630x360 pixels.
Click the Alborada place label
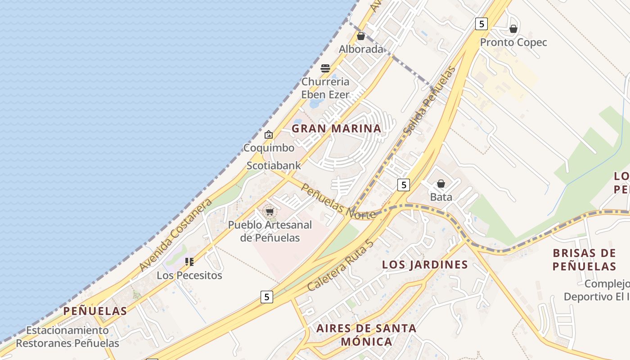pos(361,49)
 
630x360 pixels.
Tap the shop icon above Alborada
pos(361,36)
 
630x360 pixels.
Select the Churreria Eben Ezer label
pos(325,88)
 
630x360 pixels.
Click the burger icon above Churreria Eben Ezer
pos(325,68)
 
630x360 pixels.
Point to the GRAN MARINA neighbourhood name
pos(336,129)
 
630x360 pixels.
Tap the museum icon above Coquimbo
pos(269,134)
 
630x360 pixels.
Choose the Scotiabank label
pos(274,166)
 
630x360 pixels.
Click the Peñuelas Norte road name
pos(339,202)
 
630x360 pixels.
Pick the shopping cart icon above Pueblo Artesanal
pos(270,211)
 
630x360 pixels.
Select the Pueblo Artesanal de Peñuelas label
pos(270,231)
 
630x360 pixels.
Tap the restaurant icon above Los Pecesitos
pos(189,261)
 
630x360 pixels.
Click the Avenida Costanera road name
pos(175,235)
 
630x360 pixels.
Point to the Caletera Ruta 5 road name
pos(341,265)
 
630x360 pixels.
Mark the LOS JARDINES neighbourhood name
pos(425,265)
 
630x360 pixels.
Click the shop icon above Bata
pos(441,184)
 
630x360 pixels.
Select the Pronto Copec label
pos(513,42)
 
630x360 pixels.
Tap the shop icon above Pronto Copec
pos(513,29)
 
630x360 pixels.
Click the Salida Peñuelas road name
pos(429,101)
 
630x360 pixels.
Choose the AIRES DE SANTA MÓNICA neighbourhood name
pos(366,335)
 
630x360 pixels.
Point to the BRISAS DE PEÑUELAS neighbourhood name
pos(584,260)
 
